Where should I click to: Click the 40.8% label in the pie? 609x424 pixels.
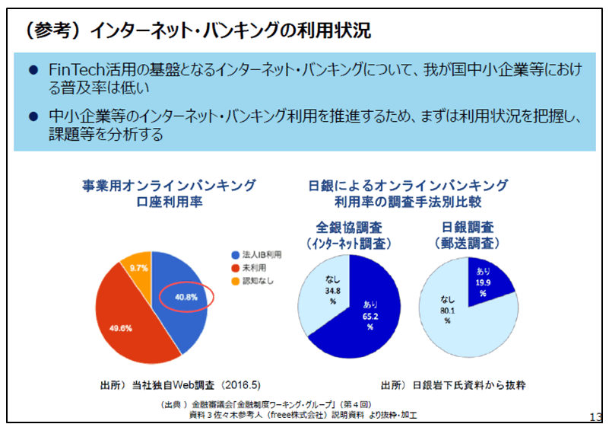(186, 296)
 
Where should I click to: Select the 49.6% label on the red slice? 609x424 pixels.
(121, 328)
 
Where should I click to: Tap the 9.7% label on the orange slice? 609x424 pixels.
(139, 268)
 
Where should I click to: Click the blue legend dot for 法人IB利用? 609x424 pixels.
(236, 254)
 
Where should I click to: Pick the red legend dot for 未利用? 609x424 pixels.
(236, 268)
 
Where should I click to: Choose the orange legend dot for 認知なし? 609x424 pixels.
(236, 282)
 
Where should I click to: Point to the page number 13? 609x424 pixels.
(596, 416)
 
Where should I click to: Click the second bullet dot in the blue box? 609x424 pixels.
(33, 117)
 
